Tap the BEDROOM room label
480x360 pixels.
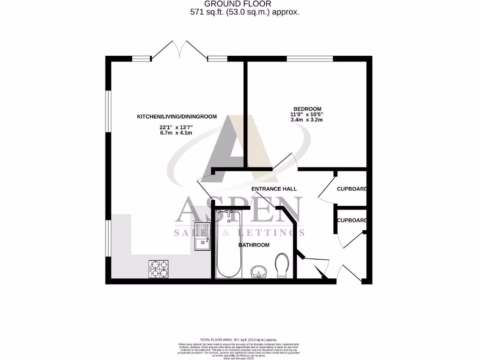[307, 109]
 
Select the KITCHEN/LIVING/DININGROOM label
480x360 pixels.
[177, 116]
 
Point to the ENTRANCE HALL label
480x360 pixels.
[274, 189]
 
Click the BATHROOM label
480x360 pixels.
[254, 245]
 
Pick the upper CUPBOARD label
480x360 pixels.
[352, 189]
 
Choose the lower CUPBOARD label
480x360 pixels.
[352, 220]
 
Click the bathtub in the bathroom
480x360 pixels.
[229, 244]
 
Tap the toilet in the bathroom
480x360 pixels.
[282, 265]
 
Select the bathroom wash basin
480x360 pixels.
[258, 271]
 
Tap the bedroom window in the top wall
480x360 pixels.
[309, 59]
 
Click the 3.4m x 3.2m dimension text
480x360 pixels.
[307, 120]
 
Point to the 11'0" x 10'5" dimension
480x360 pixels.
[307, 114]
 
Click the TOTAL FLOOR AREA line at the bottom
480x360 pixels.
[239, 339]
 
